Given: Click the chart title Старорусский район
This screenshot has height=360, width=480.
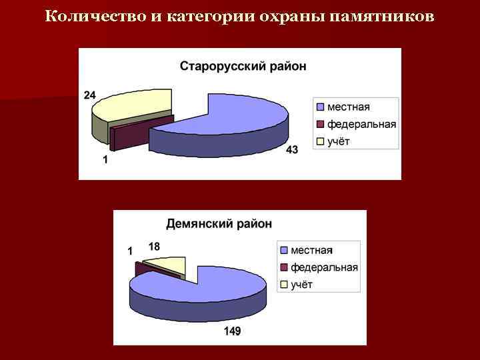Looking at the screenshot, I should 243,66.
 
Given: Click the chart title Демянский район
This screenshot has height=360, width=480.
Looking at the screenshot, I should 219,224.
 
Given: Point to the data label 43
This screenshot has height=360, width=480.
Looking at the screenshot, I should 292,150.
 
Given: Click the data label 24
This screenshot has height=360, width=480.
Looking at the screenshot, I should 89,95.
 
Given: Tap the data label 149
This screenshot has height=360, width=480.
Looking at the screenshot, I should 232,331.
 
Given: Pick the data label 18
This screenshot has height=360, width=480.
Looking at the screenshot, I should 154,247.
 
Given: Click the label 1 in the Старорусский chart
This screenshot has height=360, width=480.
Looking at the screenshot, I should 105,159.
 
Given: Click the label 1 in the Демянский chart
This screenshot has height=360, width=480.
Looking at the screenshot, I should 129,251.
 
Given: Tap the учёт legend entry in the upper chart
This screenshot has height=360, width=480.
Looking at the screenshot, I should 338,141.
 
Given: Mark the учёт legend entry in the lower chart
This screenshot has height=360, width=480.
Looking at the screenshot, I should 301,285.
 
